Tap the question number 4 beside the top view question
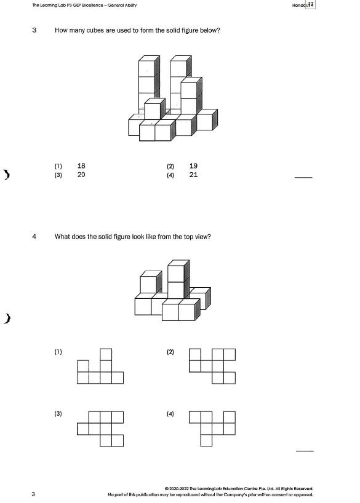coord(34,236)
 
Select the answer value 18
coord(82,166)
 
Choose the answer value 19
coord(193,166)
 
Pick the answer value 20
coord(82,175)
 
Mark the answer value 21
coord(193,175)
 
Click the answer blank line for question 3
coord(304,178)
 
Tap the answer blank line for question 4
coord(305,451)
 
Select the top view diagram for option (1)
coord(100,366)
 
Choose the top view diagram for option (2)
coord(212,366)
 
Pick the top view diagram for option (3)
coord(100,428)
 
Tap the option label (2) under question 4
coord(170,352)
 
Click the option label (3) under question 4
coord(58,414)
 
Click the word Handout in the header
coord(301,6)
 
